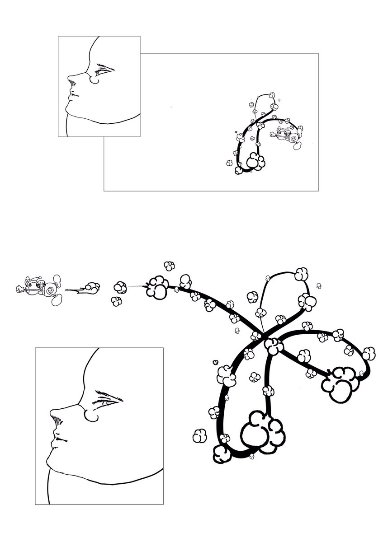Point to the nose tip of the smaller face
tap(69, 80)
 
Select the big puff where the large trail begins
tap(156, 286)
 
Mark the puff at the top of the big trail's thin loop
tap(301, 273)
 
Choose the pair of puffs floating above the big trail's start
tap(169, 266)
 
